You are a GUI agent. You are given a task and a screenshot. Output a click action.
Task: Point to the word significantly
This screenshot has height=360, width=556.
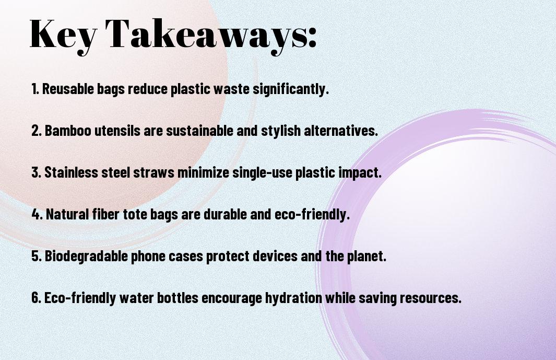point(290,89)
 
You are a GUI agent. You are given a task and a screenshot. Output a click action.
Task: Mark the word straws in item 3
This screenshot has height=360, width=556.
point(154,172)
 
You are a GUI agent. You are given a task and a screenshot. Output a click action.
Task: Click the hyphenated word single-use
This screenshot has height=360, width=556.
point(263,173)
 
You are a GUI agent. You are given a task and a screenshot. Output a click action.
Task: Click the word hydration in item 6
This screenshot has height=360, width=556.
point(294,298)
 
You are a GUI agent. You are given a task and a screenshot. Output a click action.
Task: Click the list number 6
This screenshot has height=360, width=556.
point(36,298)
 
